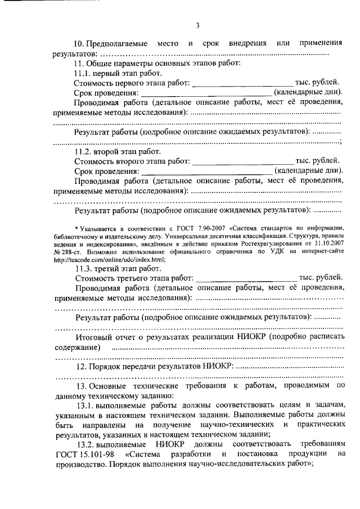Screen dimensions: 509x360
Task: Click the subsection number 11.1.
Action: coord(82,74)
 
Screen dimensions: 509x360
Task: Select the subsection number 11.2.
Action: coord(82,151)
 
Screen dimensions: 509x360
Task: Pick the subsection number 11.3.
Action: coord(82,268)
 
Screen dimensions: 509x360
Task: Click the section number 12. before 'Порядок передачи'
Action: coord(80,366)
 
